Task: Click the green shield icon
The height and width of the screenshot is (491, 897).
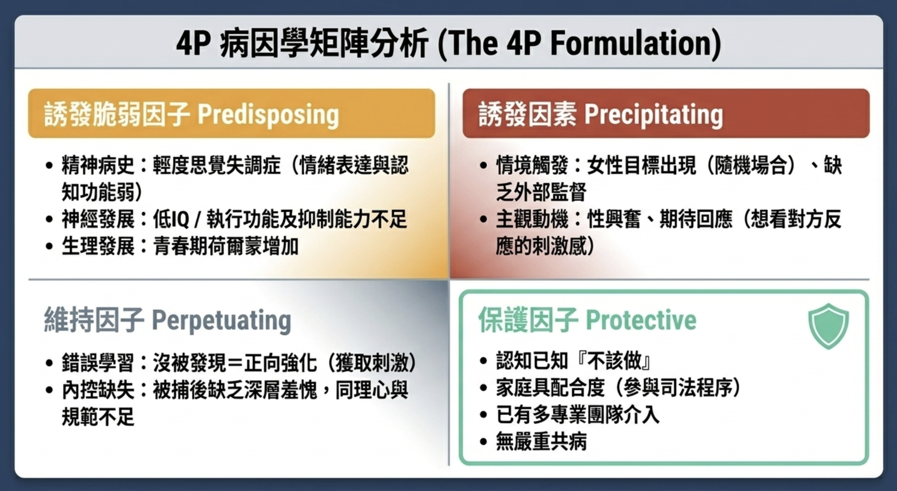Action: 828,326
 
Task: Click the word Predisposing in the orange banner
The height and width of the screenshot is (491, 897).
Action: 268,115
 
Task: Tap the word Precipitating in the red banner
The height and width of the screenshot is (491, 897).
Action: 653,115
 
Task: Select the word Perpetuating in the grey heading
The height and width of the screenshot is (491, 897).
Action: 221,320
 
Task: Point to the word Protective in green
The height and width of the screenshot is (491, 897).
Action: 641,320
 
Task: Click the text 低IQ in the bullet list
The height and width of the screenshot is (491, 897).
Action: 171,219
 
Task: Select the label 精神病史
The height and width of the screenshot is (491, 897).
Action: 98,166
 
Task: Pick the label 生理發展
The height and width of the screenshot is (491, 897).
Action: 98,246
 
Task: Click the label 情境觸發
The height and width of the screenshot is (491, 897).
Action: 531,166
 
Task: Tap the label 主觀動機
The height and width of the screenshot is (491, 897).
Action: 531,219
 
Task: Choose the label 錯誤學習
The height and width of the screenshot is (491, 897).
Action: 98,363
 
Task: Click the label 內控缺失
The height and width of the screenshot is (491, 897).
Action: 98,390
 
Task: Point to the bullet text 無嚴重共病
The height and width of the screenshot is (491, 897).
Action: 541,442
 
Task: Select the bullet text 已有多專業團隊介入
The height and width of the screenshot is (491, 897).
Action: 577,415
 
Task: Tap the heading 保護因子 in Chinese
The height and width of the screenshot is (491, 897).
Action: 528,320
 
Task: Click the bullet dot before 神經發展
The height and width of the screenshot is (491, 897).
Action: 49,220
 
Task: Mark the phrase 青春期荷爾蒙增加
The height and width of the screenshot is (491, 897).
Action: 226,246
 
